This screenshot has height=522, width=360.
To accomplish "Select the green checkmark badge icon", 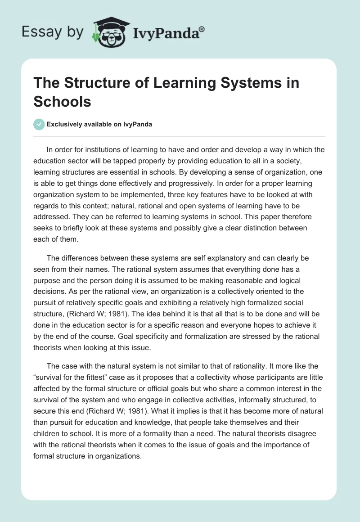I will pos(39,125).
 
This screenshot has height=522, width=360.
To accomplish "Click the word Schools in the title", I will pos(62,101).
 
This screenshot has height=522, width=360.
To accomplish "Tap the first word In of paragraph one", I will pos(50,150).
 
